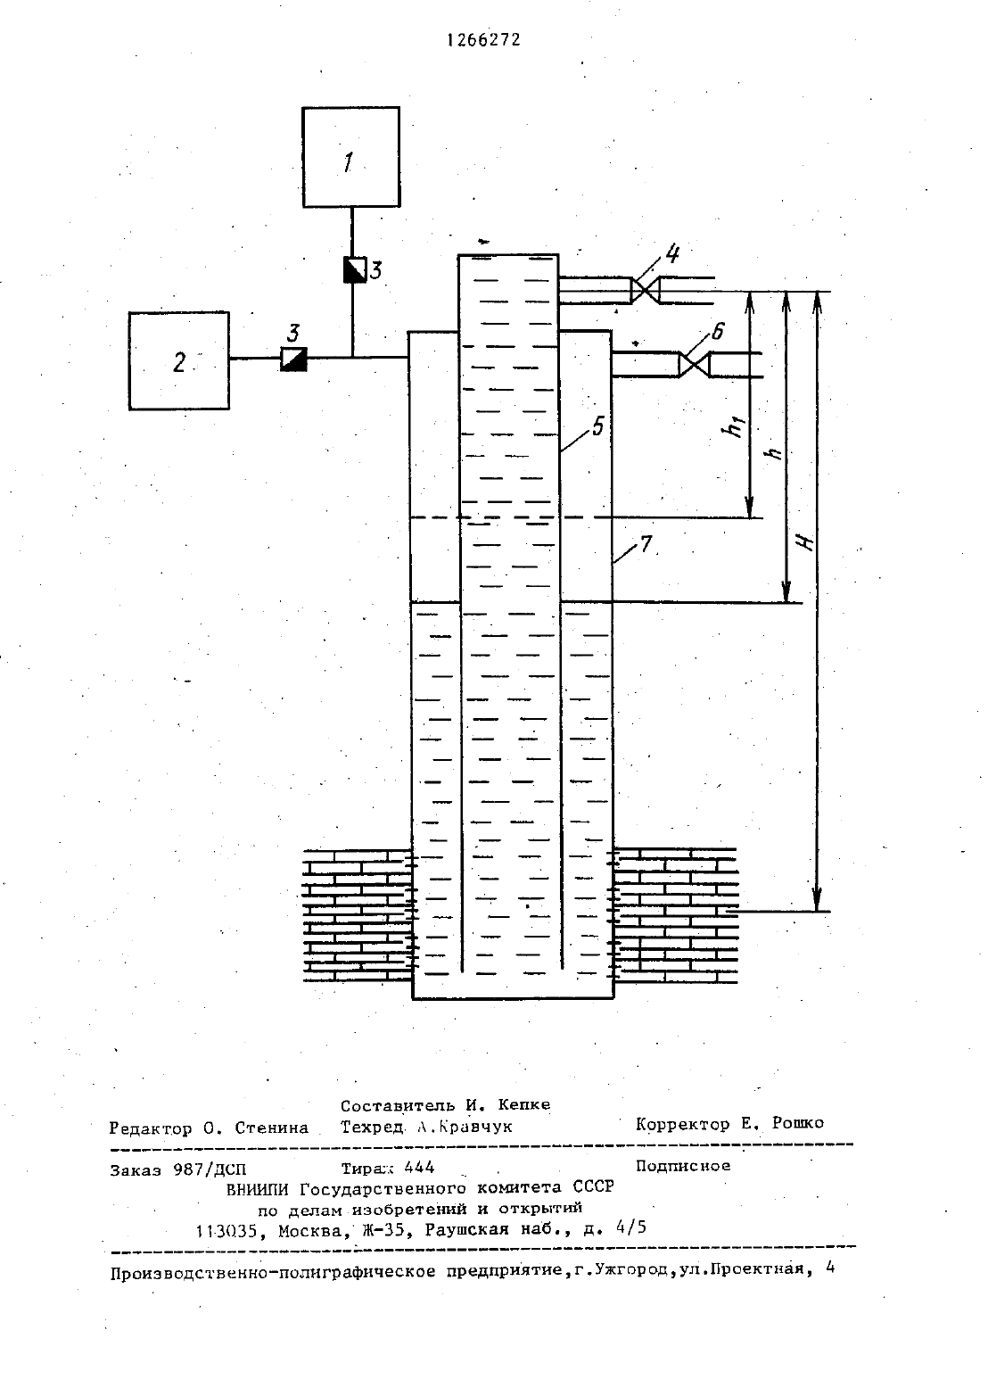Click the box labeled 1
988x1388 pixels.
coord(350,157)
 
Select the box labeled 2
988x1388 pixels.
coord(179,360)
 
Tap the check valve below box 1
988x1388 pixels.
coord(354,269)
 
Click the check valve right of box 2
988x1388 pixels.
coord(293,359)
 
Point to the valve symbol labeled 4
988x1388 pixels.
coord(645,291)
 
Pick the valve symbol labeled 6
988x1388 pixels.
coord(694,364)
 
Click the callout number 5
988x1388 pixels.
coord(597,426)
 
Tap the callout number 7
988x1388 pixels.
coord(646,544)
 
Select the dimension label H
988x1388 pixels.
coord(805,541)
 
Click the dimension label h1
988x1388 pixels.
coord(737,427)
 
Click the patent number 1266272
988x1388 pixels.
coord(484,40)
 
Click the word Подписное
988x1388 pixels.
coord(683,1166)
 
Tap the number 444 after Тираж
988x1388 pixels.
coord(419,1168)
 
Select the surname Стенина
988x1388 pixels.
coord(272,1128)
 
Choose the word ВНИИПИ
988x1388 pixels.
coord(258,1188)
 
